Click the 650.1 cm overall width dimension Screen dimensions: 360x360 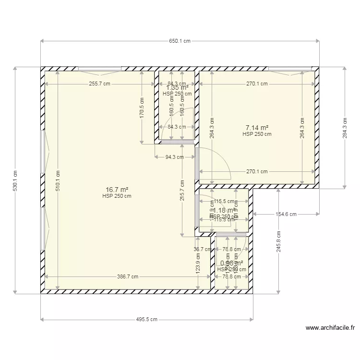coord(180,41)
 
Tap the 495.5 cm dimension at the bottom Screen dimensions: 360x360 coord(147,319)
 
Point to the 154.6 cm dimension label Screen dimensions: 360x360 coord(286,214)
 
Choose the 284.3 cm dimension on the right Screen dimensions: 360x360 coord(344,127)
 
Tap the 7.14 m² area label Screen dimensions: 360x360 coord(257,128)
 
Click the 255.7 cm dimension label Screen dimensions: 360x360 coord(100,84)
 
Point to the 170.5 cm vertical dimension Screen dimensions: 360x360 coord(142,115)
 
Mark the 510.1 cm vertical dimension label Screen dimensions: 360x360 coord(57,181)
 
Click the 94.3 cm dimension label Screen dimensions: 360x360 coord(174,157)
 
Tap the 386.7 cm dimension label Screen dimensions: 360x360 coord(128,276)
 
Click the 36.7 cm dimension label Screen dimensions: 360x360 coord(202,249)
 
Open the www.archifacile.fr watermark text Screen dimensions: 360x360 coord(331,328)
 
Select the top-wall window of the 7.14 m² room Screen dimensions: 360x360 coord(289,69)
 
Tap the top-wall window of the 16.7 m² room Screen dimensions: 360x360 coord(100,69)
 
